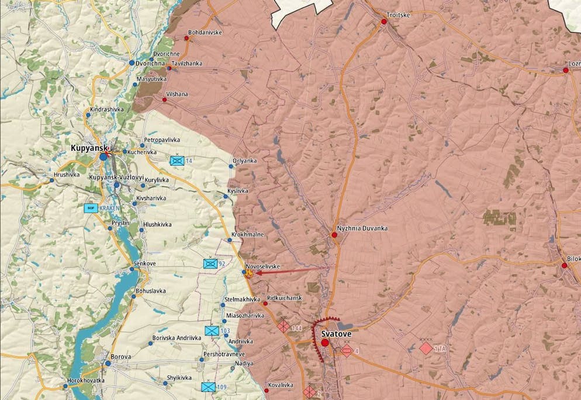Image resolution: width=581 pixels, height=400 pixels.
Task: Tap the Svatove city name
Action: pyautogui.click(x=336, y=333)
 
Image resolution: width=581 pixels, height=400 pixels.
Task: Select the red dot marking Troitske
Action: pyautogui.click(x=384, y=22)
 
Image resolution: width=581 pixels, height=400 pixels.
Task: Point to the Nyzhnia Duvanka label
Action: pyautogui.click(x=362, y=228)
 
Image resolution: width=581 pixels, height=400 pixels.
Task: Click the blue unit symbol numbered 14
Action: pyautogui.click(x=177, y=160)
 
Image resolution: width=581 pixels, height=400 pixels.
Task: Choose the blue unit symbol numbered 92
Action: pyautogui.click(x=210, y=263)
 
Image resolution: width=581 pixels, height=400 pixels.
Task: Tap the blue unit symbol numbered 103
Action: pyautogui.click(x=212, y=331)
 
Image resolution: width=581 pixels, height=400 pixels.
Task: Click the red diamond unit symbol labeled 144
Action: pyautogui.click(x=283, y=326)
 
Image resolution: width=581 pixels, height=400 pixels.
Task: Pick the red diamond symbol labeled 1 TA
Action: pyautogui.click(x=426, y=348)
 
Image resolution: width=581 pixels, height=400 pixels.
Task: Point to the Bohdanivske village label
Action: pyautogui.click(x=205, y=33)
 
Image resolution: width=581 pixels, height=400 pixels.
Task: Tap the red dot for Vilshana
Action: pyautogui.click(x=164, y=100)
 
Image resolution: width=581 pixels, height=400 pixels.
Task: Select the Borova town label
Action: pyautogui.click(x=120, y=356)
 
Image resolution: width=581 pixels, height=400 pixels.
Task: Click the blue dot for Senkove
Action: pyautogui.click(x=134, y=264)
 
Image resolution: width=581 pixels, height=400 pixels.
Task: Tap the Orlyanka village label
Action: pyautogui.click(x=244, y=161)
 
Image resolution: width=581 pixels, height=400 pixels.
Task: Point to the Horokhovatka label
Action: pyautogui.click(x=87, y=381)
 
